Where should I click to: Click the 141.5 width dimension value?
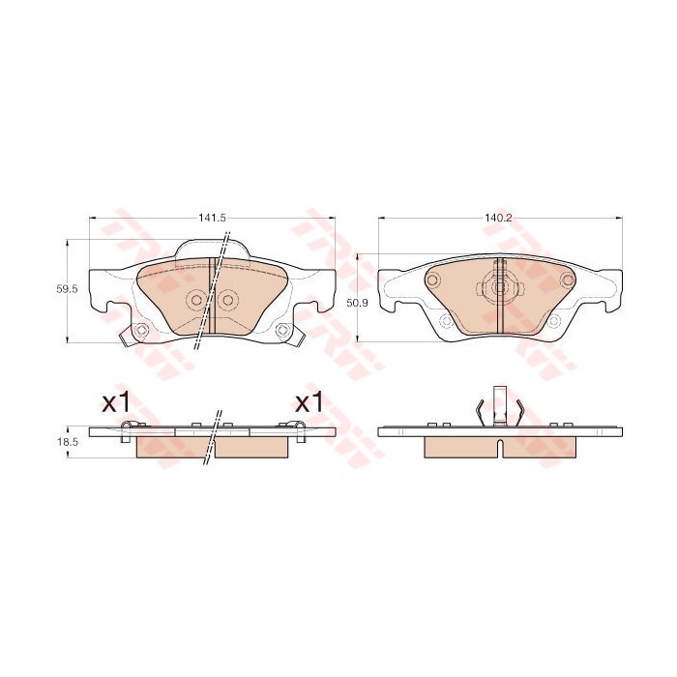(213, 218)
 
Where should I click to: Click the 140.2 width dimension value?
(499, 218)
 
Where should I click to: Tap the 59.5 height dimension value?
(67, 290)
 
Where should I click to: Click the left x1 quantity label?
(116, 403)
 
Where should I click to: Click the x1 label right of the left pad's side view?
(309, 403)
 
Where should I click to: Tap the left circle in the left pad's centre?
(196, 300)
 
